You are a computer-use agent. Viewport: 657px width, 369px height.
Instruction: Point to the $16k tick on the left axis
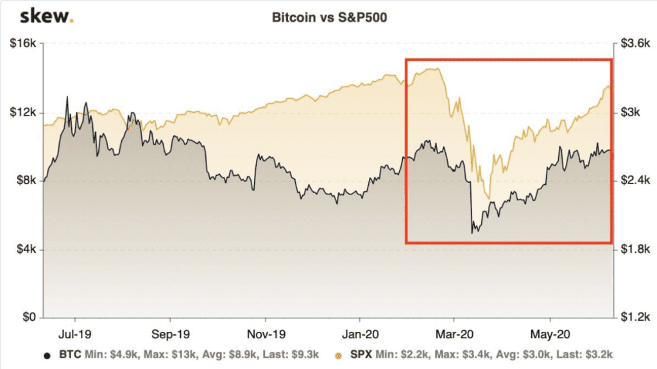25,44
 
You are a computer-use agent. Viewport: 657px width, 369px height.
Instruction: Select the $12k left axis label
25,113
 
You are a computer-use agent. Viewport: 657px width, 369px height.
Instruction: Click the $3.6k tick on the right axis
633,44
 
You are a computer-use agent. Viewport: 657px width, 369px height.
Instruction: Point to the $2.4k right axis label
633,181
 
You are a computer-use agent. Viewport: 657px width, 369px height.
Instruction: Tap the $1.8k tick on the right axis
633,250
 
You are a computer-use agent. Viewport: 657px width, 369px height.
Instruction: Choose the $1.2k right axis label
633,318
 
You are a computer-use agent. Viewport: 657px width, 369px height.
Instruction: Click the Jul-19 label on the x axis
75,334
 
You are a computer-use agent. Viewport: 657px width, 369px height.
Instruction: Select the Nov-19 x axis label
266,334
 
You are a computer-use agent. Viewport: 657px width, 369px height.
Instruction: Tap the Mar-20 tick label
454,334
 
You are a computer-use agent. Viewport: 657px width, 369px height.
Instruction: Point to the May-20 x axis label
550,334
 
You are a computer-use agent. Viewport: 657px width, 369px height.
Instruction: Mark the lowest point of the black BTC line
472,232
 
